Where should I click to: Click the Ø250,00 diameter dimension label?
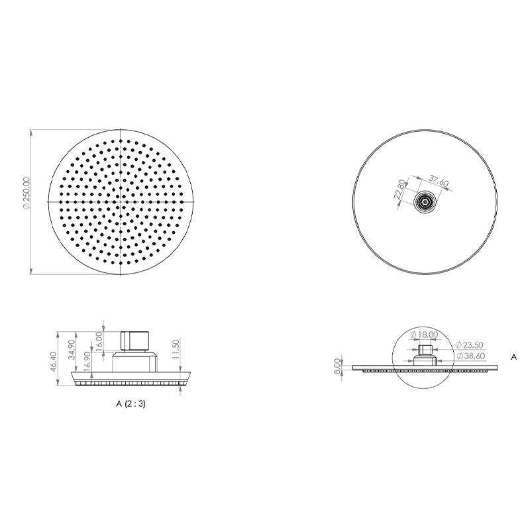coord(26,193)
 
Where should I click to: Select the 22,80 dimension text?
coord(399,189)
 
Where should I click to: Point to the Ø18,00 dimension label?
coord(423,334)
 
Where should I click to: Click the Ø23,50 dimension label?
coord(469,345)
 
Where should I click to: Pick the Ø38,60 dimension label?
coord(470,356)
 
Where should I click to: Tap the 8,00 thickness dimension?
coord(337,366)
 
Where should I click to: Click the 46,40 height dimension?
coord(53,362)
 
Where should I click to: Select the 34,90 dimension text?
coord(71,349)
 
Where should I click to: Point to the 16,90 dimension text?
coord(87,362)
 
